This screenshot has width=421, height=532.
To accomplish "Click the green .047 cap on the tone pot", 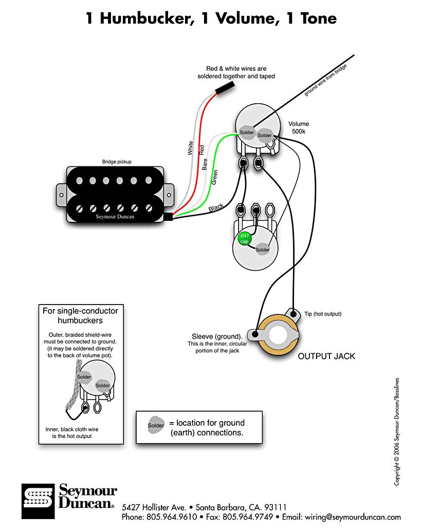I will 243,239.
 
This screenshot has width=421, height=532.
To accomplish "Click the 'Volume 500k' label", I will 298,127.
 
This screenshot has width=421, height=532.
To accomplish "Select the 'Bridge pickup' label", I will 116,162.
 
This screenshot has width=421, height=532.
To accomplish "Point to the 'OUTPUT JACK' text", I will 326,356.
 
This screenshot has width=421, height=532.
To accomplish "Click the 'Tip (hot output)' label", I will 322,314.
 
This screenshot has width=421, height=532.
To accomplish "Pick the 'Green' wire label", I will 215,177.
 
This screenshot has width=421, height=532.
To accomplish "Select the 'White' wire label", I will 190,148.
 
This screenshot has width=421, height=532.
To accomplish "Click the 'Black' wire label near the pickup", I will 216,207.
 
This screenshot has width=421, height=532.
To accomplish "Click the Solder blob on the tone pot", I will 263,250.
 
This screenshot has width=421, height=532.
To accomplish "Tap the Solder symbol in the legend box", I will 156,426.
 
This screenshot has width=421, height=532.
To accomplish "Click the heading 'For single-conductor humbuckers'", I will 80,316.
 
